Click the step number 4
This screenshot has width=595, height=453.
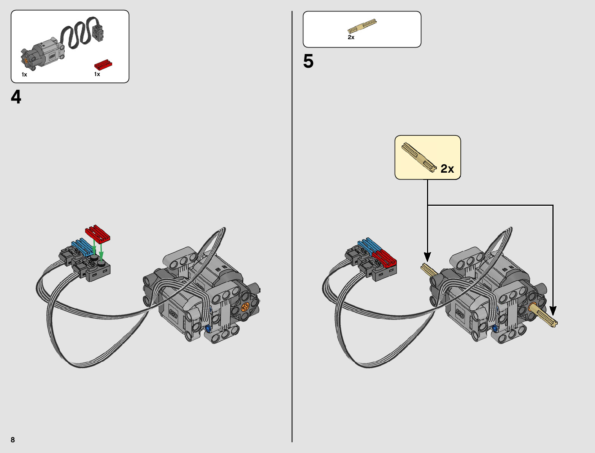[x=16, y=97]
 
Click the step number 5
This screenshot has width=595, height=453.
[x=308, y=61]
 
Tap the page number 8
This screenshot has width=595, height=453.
[x=13, y=440]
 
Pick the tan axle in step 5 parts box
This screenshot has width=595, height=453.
[x=362, y=26]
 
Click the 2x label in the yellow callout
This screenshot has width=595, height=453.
[x=447, y=168]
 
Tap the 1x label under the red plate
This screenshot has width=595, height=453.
[x=97, y=74]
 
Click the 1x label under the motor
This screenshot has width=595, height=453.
[x=24, y=75]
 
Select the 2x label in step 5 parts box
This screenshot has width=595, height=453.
[x=351, y=37]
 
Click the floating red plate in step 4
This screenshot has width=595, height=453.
[x=98, y=234]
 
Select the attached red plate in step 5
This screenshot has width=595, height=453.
[x=385, y=258]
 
